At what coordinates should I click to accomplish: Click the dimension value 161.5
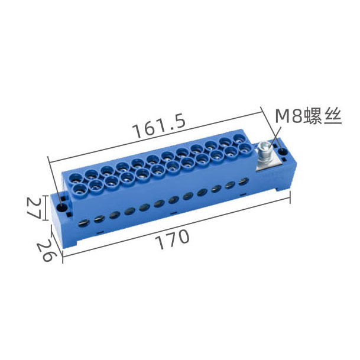point(160,127)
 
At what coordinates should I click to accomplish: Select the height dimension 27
point(34,208)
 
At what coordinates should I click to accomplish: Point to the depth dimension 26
point(47,250)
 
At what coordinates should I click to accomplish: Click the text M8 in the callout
point(288,116)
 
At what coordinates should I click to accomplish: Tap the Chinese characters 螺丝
point(323,116)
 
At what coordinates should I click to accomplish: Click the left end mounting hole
point(61,207)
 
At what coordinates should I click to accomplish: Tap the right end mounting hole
point(282,152)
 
